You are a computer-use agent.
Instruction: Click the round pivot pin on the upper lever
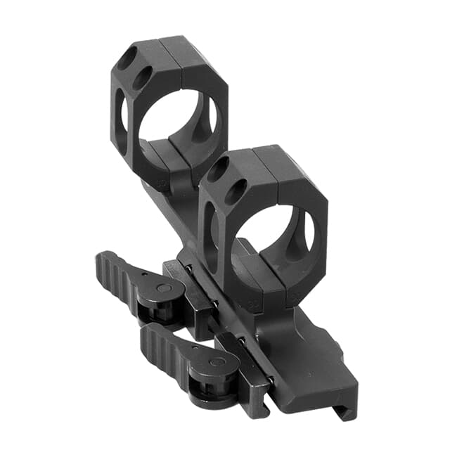161,288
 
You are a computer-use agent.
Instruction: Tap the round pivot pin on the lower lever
216,362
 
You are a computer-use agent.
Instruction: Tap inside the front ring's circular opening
271,243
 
